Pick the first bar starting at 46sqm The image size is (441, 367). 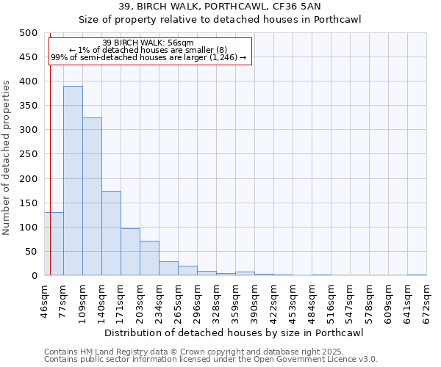click(x=54, y=244)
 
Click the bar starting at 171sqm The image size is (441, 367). click(x=130, y=252)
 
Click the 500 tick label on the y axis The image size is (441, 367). click(x=29, y=33)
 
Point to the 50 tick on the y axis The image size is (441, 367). click(x=32, y=252)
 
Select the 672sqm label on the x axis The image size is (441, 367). click(x=426, y=299)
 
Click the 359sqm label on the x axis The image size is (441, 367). click(x=235, y=299)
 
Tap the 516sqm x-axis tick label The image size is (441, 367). click(x=331, y=299)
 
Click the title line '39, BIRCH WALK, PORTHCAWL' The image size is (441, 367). click(x=220, y=6)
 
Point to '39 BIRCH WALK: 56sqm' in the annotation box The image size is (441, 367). click(x=148, y=43)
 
